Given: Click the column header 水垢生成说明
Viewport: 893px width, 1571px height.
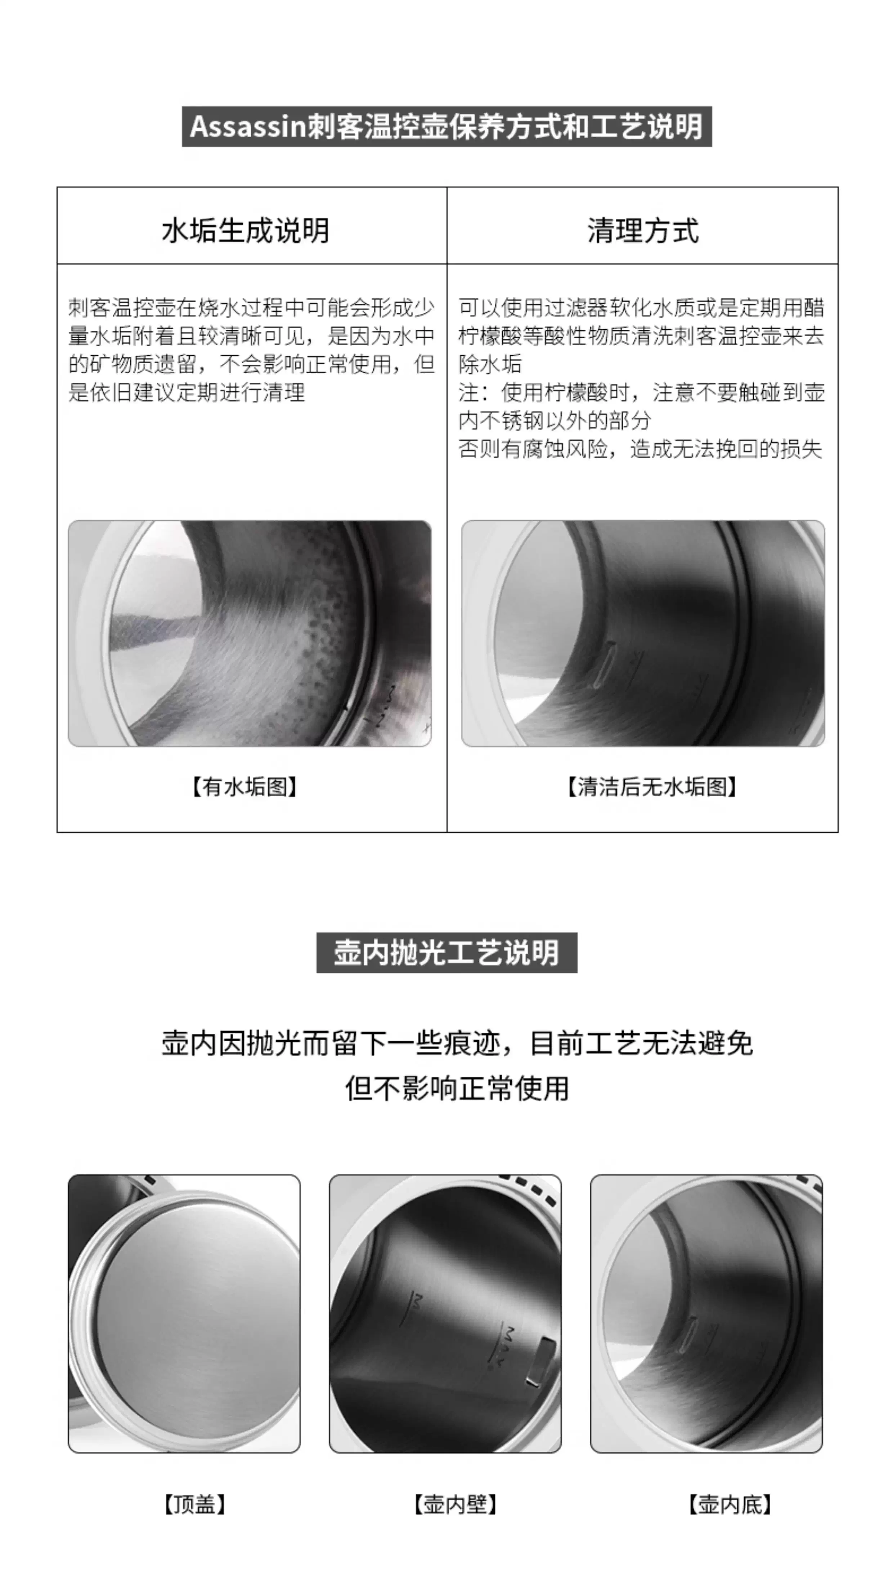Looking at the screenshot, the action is pyautogui.click(x=245, y=231).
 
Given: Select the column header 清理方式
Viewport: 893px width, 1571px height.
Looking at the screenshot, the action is pyautogui.click(x=643, y=231).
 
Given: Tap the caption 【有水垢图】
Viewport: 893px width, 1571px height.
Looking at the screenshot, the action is pyautogui.click(x=245, y=786).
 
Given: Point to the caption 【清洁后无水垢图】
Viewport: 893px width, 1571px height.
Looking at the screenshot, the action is pyautogui.click(x=652, y=786).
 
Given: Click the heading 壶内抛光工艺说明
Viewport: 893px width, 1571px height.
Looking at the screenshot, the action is pyautogui.click(x=447, y=952).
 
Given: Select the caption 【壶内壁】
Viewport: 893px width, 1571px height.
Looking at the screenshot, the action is pyautogui.click(x=455, y=1504).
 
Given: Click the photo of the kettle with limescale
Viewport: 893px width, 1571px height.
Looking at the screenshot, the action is pyautogui.click(x=250, y=633).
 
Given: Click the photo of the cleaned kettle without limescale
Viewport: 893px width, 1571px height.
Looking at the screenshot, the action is pyautogui.click(x=643, y=633).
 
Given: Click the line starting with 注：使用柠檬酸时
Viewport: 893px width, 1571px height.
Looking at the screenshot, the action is pyautogui.click(x=642, y=392).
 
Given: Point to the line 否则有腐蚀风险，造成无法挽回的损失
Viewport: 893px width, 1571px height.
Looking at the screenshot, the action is pyautogui.click(x=640, y=449).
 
